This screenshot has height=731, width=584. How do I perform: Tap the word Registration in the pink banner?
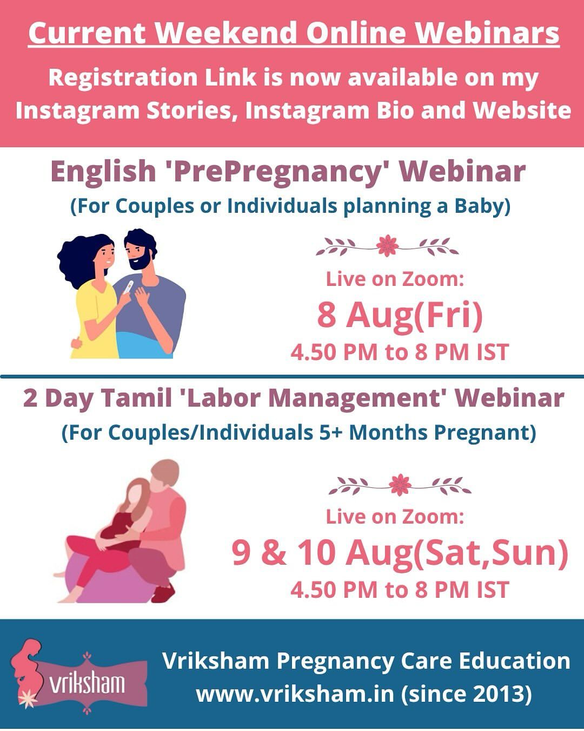[x=123, y=78]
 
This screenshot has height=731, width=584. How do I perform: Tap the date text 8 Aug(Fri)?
[x=400, y=315]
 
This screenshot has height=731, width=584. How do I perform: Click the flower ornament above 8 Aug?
[x=387, y=246]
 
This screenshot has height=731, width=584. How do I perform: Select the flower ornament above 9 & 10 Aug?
[x=400, y=485]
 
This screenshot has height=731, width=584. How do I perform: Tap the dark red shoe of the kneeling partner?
[x=163, y=593]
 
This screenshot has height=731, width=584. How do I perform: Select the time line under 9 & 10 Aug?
[x=400, y=590]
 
